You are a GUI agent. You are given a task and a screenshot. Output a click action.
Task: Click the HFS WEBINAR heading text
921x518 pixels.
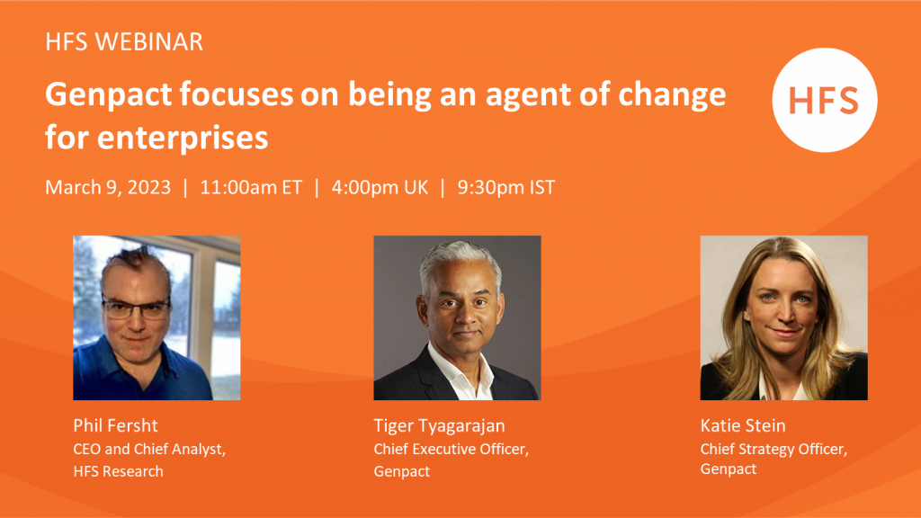(124, 42)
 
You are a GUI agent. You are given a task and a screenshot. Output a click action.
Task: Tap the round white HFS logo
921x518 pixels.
(825, 100)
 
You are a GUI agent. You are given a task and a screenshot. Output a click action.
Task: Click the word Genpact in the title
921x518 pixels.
(109, 95)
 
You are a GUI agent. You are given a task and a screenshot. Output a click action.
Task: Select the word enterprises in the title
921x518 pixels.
(183, 138)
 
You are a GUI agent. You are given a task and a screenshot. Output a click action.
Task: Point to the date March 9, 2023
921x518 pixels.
(108, 188)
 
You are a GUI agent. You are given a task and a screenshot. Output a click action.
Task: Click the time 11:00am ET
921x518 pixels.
(251, 187)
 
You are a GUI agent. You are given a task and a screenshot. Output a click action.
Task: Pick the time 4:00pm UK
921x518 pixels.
(380, 188)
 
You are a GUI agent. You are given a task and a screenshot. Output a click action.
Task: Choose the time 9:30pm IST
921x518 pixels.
(505, 188)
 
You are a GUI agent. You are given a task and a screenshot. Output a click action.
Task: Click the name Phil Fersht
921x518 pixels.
(115, 425)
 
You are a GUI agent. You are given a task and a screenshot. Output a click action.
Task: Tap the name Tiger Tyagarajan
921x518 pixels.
(439, 426)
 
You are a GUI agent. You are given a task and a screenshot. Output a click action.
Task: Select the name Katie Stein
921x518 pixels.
(742, 425)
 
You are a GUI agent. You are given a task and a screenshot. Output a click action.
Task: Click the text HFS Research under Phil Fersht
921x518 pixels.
(118, 471)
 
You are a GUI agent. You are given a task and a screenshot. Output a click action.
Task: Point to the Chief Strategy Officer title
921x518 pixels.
(773, 450)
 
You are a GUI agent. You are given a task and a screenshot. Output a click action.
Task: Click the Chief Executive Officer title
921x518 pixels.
(452, 450)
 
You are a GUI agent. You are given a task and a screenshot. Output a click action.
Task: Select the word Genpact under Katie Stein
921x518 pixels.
(728, 469)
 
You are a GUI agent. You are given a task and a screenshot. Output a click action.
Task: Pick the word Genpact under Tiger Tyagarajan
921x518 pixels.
(402, 471)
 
